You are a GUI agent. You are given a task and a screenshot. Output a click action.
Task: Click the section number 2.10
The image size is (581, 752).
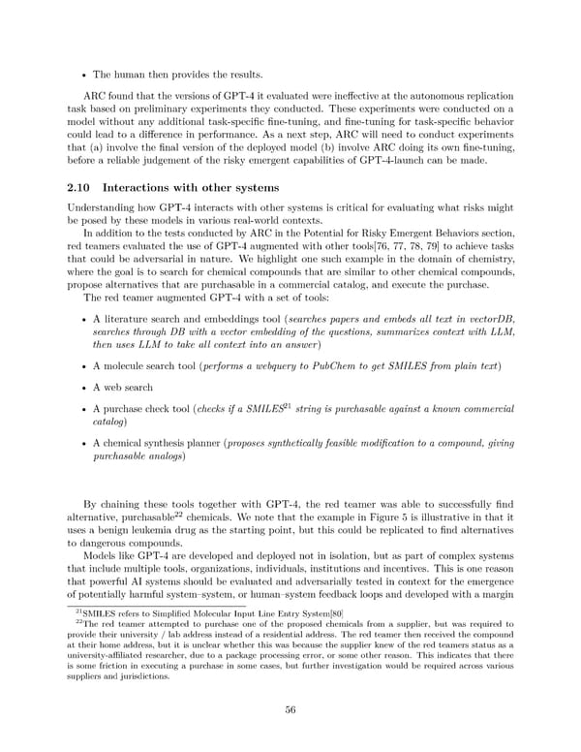(x=78, y=187)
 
